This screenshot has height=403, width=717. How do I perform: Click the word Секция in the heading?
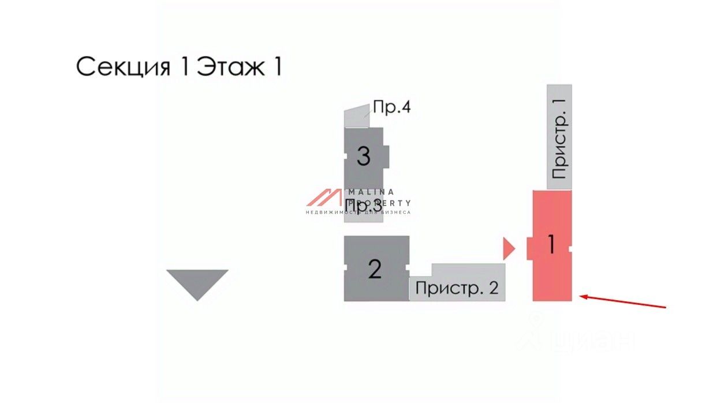[123, 67]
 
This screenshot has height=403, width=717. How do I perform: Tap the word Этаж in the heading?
[231, 67]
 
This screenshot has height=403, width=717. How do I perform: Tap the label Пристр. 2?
[457, 288]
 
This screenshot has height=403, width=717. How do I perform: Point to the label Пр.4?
[391, 107]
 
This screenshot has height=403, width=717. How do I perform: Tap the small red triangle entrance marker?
[507, 248]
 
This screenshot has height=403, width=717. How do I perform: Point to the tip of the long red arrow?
[581, 297]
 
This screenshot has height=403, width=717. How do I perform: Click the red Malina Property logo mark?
[324, 197]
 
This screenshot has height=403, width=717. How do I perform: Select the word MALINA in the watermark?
[371, 192]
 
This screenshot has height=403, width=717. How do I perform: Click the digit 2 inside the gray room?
[375, 269]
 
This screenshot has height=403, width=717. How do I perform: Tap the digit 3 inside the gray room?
[363, 156]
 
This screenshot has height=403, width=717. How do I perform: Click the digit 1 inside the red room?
[551, 245]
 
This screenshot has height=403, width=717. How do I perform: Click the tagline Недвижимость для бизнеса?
[358, 212]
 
